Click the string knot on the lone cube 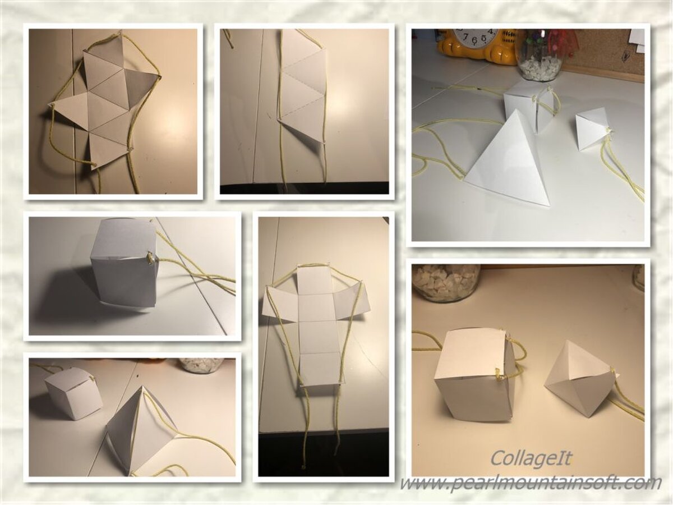(151, 257)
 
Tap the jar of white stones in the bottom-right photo (445, 283)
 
